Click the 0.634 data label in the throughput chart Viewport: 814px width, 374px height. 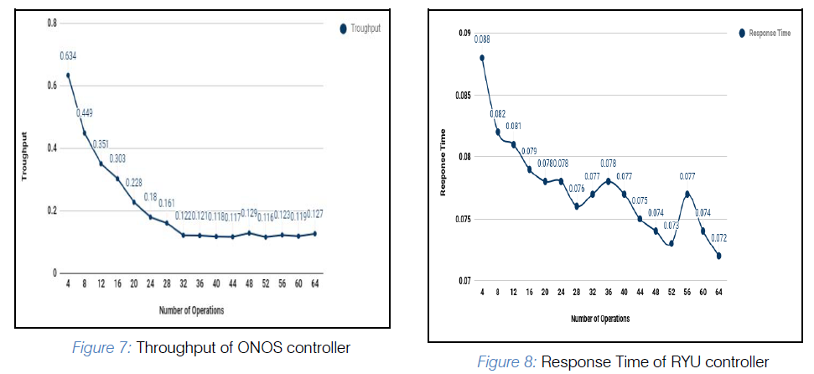coord(68,56)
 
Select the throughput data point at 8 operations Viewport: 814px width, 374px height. coord(85,132)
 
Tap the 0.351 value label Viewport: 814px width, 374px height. coord(101,143)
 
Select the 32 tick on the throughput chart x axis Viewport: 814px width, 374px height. coord(183,285)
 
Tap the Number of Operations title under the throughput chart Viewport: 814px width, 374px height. coord(191,311)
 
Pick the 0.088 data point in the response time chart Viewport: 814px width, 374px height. coord(482,58)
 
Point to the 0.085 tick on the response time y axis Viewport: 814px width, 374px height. coord(464,95)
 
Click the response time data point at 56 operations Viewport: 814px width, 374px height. coord(687,194)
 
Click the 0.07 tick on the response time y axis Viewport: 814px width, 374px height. coord(465,280)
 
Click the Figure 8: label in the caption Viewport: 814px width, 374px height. coord(506,362)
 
